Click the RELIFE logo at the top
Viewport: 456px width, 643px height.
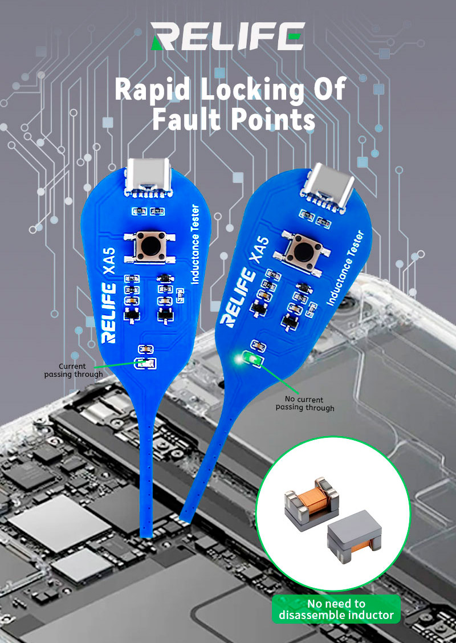click(x=228, y=36)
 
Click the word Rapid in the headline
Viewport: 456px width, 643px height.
click(x=153, y=89)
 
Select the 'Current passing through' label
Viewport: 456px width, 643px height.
click(x=74, y=370)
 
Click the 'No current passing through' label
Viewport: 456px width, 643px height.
click(x=305, y=403)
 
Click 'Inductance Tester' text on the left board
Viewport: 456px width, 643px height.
click(x=195, y=244)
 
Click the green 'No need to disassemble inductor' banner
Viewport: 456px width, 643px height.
click(x=336, y=609)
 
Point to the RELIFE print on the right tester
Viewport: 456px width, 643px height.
click(x=239, y=298)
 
